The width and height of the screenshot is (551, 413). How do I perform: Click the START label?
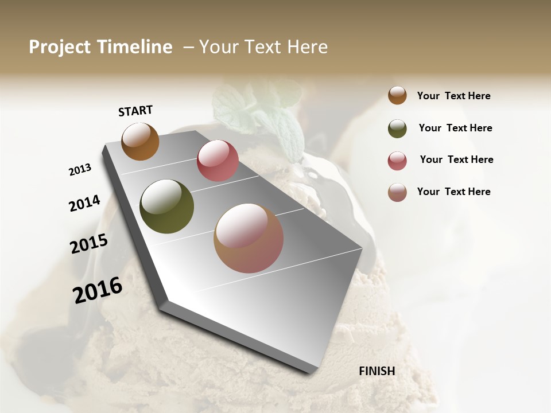point(135,111)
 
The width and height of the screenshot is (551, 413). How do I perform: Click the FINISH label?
point(377,371)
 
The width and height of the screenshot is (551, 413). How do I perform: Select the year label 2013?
point(80,170)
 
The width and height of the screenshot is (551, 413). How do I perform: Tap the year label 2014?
point(84,203)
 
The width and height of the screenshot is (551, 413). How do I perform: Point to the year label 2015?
point(89,244)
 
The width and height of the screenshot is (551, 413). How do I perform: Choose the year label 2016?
point(98,290)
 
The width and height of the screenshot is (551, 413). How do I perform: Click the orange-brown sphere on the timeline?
point(140,141)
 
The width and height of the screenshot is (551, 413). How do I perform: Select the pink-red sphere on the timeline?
point(218,161)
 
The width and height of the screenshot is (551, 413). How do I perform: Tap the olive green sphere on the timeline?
point(167,206)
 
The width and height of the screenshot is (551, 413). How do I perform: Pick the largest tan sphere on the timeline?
point(249,238)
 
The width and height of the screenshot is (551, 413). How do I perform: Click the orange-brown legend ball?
point(397,95)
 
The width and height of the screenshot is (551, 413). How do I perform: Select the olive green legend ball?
point(397,128)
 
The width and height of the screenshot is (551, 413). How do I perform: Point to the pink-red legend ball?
point(397,161)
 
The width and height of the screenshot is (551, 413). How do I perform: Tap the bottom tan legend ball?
point(397,192)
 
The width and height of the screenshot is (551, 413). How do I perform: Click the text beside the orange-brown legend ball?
point(454,96)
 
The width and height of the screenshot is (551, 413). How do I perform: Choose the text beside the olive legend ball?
point(455,128)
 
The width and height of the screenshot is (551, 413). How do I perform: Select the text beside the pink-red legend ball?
point(456,159)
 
